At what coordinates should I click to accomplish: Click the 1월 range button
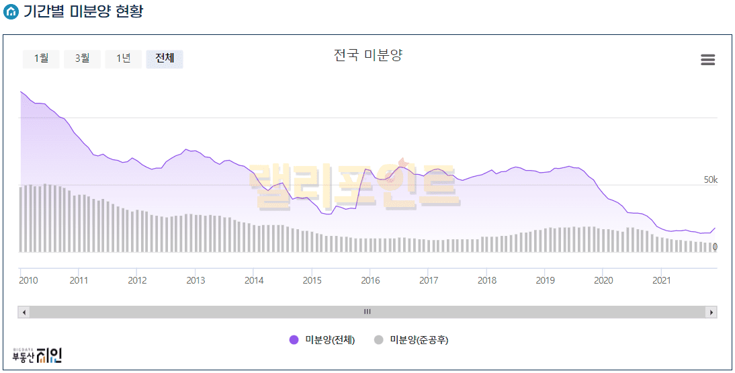[41, 58]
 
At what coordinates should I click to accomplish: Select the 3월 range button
[82, 58]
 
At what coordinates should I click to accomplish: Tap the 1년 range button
[123, 58]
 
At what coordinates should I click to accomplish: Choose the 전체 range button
[165, 58]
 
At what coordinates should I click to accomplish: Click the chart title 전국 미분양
[367, 55]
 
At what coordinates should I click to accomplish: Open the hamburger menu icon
[707, 60]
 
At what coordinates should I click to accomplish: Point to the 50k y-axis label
[710, 179]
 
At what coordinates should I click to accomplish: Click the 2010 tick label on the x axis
[29, 280]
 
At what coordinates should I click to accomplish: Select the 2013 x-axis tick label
[196, 280]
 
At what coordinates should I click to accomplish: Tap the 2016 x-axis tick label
[370, 280]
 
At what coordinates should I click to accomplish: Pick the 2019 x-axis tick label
[545, 280]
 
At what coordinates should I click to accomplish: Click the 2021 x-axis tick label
[662, 280]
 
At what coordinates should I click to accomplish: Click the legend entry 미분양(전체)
[322, 340]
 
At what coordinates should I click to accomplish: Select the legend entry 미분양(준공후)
[411, 340]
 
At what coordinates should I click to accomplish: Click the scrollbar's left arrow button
[24, 312]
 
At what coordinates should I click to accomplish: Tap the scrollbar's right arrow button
[711, 312]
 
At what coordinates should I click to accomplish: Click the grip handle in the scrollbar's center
[367, 312]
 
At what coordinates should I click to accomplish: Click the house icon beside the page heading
[11, 12]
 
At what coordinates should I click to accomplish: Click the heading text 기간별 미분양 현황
[83, 11]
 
